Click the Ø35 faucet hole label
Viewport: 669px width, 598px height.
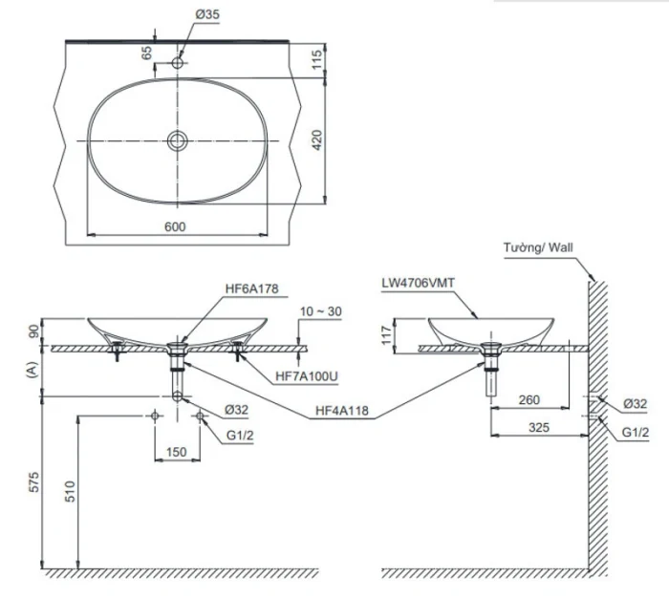207,14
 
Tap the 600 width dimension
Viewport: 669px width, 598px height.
175,227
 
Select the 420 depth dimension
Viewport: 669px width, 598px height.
317,139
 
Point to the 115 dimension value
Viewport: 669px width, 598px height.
316,60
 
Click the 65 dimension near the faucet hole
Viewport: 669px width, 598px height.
146,53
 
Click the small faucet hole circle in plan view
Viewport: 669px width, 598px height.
178,63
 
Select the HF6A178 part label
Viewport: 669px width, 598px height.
251,288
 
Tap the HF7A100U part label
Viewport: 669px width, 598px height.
307,376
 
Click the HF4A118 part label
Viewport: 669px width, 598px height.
342,411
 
